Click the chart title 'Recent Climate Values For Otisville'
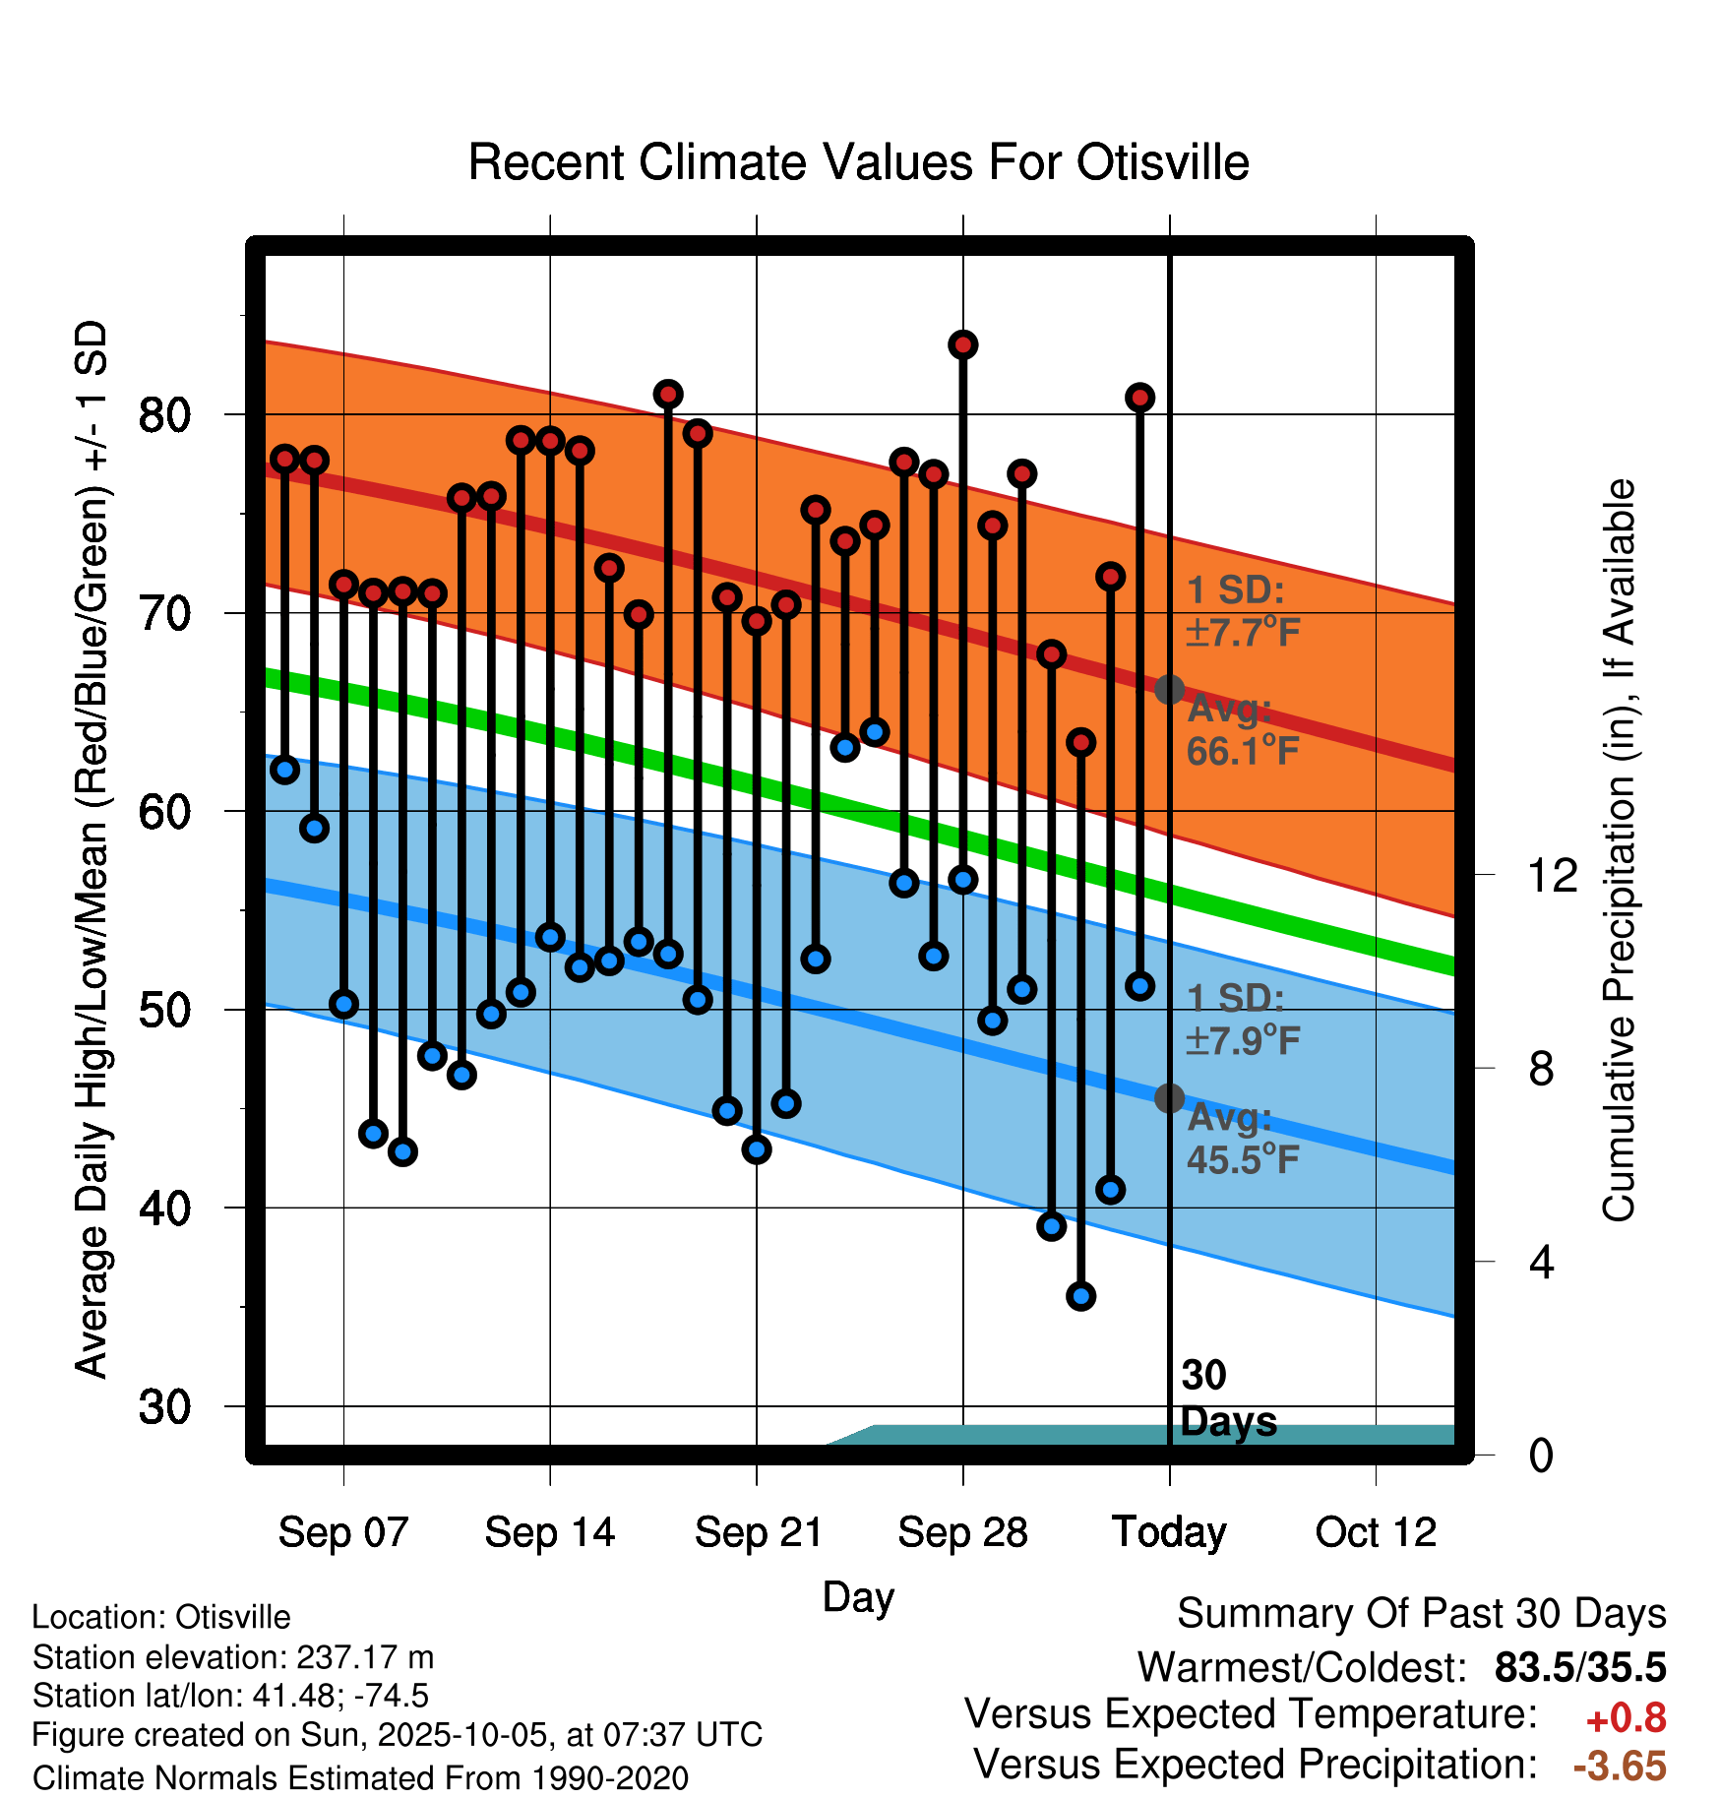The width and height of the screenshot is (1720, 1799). point(858,162)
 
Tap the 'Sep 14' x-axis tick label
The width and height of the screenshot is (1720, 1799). point(549,1532)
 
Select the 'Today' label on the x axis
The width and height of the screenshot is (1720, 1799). point(1169,1532)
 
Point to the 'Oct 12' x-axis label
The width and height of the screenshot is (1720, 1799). point(1376,1532)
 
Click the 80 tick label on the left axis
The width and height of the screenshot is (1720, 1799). point(164,415)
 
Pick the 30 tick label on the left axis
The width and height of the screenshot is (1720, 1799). point(164,1407)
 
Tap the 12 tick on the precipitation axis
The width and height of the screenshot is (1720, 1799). point(1552,876)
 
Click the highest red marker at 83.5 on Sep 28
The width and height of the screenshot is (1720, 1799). point(962,344)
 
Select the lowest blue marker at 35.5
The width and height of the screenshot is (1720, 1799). point(1080,1296)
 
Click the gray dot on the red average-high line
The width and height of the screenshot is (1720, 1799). point(1169,689)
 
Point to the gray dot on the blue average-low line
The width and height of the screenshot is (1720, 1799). point(1169,1097)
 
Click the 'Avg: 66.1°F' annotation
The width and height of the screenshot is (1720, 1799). point(1242,730)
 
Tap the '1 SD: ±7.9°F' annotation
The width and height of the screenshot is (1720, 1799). point(1242,1020)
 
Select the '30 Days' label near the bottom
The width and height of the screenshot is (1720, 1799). point(1227,1398)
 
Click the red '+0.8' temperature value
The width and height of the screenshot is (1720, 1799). point(1626,1718)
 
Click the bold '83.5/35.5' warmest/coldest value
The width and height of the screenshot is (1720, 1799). point(1579,1667)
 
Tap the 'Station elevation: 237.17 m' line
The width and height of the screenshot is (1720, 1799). point(233,1657)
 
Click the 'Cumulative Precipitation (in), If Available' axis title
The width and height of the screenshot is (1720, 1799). point(1619,851)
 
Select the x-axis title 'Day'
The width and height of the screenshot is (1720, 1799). point(858,1596)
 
